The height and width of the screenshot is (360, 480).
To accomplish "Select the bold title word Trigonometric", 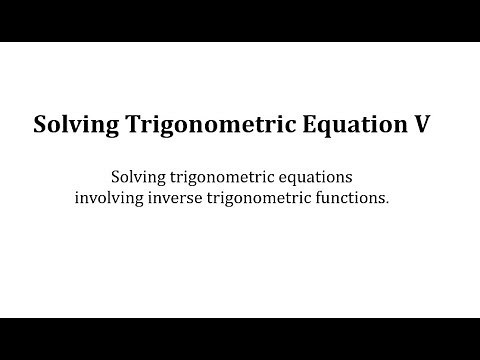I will (206, 126).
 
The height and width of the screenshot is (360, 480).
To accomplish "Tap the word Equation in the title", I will (348, 126).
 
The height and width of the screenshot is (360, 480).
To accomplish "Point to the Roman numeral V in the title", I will (419, 125).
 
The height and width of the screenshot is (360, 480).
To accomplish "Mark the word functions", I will (356, 198).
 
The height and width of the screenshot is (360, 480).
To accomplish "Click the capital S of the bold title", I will (41, 125).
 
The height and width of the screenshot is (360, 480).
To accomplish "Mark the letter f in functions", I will (328, 197).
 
